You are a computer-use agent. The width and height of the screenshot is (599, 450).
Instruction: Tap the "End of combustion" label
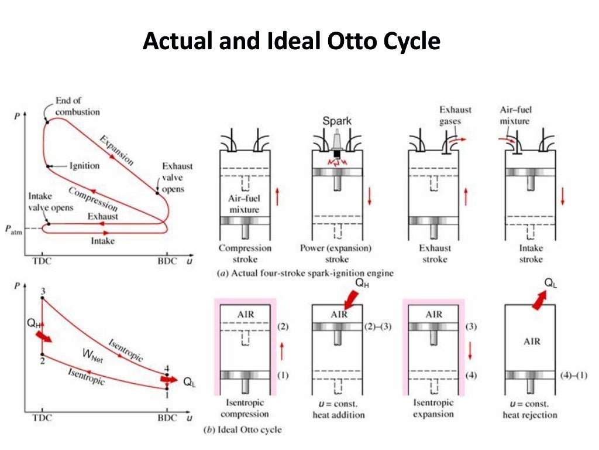(77, 106)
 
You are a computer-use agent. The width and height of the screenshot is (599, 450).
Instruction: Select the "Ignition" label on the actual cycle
(84, 166)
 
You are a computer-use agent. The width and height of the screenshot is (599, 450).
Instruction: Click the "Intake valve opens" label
(51, 202)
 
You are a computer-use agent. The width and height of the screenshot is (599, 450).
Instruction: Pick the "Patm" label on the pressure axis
(14, 229)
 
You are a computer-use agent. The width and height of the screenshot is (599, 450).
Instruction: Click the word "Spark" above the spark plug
(338, 121)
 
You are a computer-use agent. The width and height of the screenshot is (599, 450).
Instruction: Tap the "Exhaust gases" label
(456, 115)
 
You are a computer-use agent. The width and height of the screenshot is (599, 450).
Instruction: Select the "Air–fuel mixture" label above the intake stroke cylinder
(515, 115)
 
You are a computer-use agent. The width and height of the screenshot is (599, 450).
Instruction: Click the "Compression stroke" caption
(245, 253)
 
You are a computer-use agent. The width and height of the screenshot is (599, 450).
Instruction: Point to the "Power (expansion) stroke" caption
(336, 253)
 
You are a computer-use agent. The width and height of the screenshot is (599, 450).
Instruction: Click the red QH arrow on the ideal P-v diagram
(44, 337)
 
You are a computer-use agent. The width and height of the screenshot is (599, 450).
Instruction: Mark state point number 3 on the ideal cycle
(43, 291)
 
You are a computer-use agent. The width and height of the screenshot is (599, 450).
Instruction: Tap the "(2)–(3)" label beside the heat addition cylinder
(377, 326)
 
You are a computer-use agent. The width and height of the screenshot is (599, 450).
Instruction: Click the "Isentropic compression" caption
(245, 408)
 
